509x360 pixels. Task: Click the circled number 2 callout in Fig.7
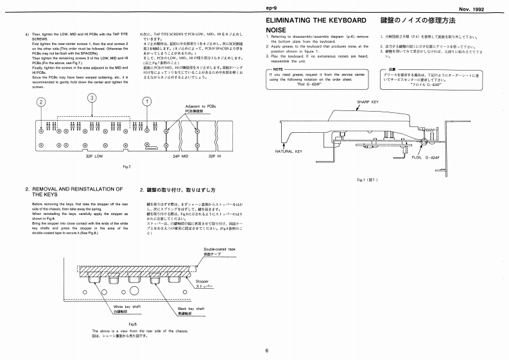[41, 102]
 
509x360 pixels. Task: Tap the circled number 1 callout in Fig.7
[147, 101]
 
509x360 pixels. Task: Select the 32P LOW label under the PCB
[94, 155]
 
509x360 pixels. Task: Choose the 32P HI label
[215, 155]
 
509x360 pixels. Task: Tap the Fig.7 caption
[126, 167]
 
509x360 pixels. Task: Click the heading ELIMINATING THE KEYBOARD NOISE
[316, 25]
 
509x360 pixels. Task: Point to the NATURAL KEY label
[289, 151]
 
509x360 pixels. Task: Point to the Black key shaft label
[190, 309]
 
